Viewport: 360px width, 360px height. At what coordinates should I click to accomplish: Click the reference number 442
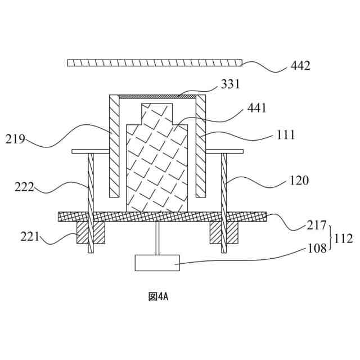coord(300,66)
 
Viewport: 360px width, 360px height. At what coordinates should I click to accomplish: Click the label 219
coord(15,138)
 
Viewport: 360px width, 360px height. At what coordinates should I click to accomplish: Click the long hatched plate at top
coord(154,62)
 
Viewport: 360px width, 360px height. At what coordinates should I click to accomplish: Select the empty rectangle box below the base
coord(157,263)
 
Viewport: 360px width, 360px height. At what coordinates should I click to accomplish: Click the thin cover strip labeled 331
coord(157,97)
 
